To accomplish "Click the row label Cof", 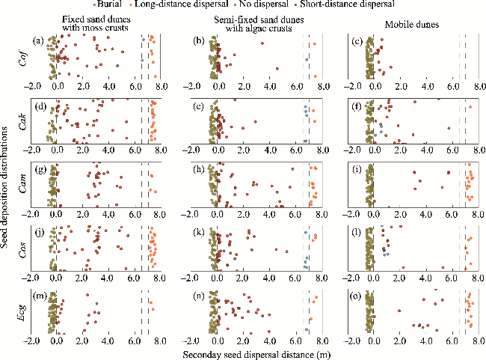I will coord(25,57).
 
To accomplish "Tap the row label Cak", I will coord(25,120).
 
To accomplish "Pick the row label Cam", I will coord(25,183).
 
